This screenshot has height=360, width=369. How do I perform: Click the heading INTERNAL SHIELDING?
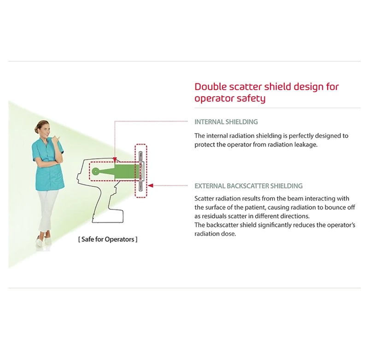tap(226, 122)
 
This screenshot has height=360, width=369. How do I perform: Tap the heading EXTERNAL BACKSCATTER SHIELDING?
tap(248, 186)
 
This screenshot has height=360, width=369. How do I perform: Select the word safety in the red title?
tap(252, 99)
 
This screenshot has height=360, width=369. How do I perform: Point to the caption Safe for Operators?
tap(108, 239)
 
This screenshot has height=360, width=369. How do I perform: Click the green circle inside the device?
tap(95, 171)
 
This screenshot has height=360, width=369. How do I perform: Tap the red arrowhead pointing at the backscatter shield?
tap(151, 186)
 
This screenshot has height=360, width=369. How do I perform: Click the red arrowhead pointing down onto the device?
tap(114, 160)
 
